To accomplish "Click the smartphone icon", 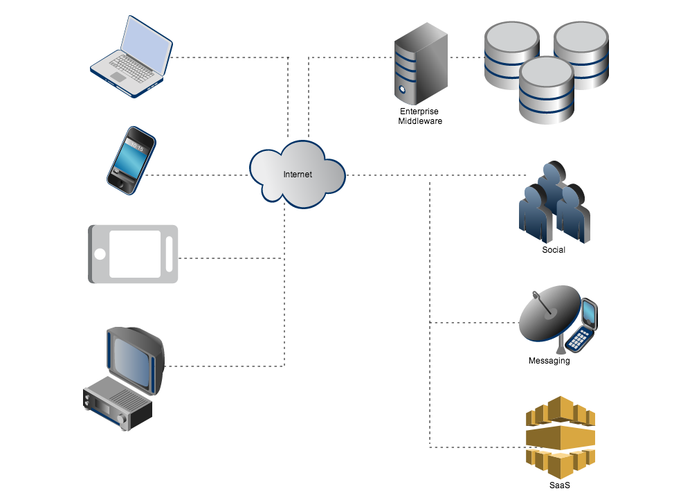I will (130, 158).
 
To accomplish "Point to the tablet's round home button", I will (100, 253).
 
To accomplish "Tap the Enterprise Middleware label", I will (419, 116).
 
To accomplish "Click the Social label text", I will (554, 250).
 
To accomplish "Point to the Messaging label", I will (549, 361).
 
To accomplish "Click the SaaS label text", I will (559, 485).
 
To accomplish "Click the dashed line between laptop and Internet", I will (228, 57).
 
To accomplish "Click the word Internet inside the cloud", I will (298, 175).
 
